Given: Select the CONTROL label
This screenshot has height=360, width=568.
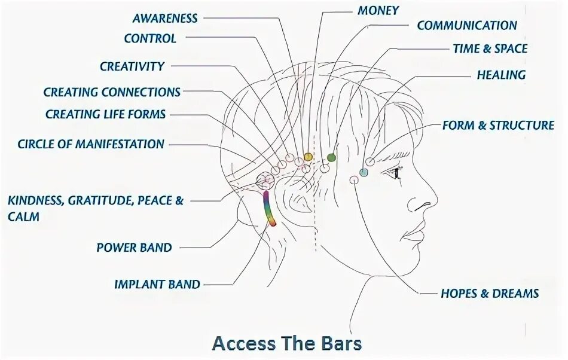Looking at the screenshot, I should [x=150, y=39].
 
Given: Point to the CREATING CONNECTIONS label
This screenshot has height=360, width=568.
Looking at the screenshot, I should [x=112, y=92].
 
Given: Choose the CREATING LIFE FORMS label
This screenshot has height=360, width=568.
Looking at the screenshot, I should [x=106, y=114].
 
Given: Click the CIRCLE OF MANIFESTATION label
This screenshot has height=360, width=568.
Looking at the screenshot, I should [x=91, y=144].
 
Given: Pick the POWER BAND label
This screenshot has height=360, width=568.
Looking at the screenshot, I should [x=134, y=247].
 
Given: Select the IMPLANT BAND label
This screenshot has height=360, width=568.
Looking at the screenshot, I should [x=157, y=284].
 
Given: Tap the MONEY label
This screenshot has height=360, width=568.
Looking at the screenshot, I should [x=378, y=10].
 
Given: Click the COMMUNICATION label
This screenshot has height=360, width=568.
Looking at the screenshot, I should [x=467, y=26].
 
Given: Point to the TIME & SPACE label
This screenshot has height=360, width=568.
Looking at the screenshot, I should [x=490, y=48].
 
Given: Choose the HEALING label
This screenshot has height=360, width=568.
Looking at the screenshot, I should [x=501, y=75].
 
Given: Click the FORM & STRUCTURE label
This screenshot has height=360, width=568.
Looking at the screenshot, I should [x=498, y=125].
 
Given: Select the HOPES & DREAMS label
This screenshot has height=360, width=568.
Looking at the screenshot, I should [x=490, y=293].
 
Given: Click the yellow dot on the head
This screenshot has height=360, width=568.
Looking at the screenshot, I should [x=308, y=157].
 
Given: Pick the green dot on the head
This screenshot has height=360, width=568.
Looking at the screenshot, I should [x=331, y=158].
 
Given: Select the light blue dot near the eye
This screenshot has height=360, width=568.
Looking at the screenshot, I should [x=364, y=173].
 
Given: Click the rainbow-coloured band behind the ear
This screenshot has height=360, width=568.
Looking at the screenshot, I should [x=270, y=209].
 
